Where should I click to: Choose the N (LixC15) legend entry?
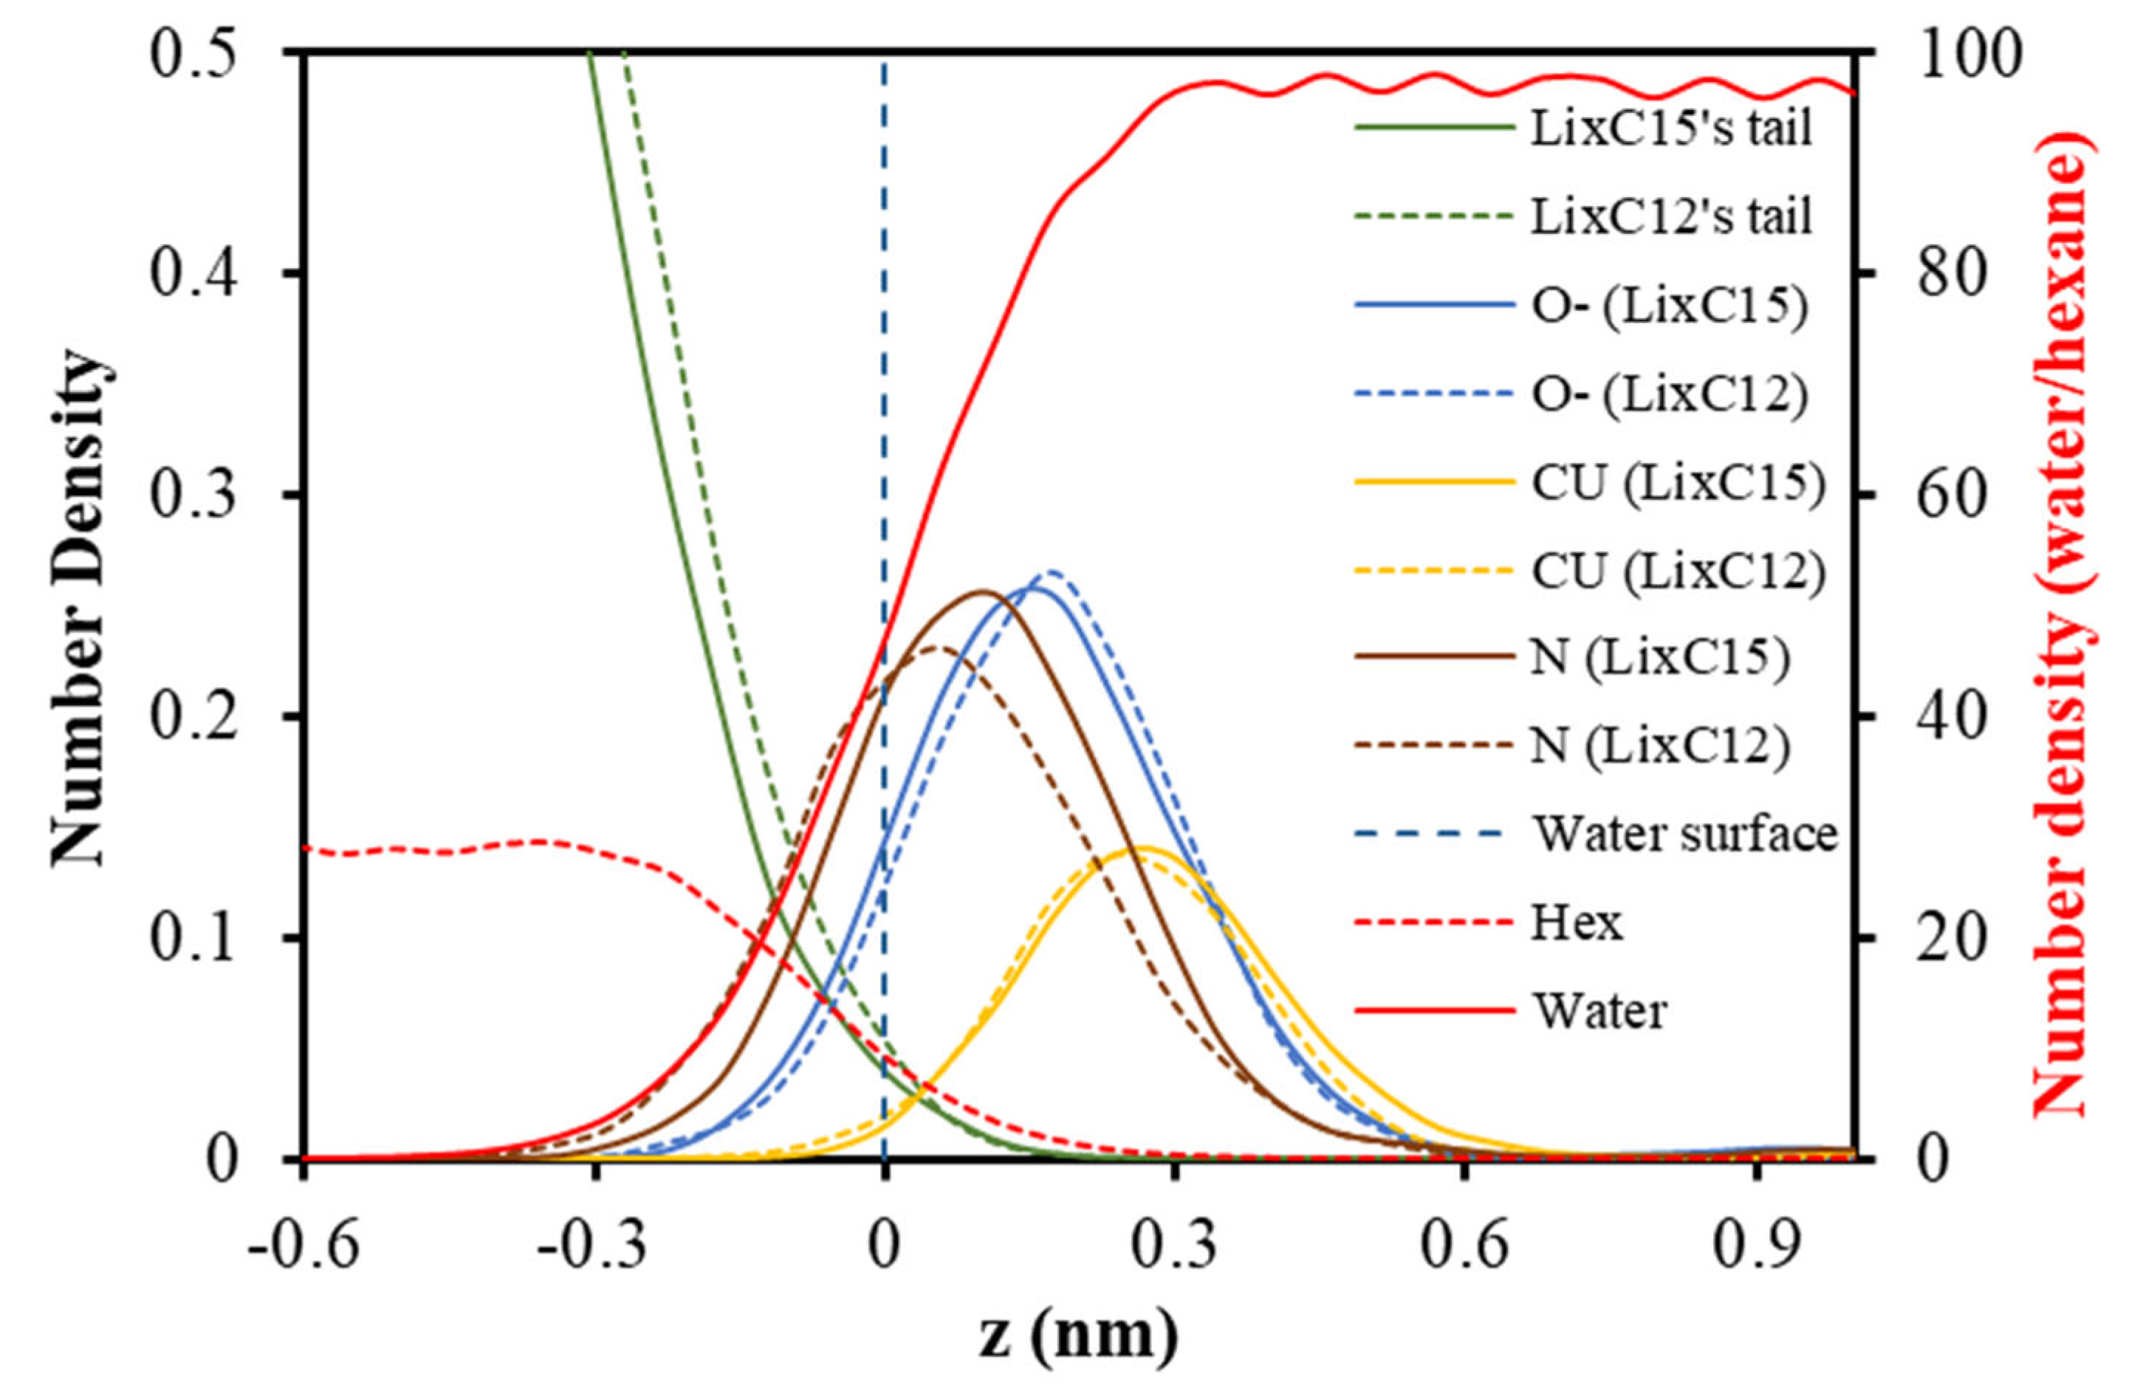click(x=1660, y=657)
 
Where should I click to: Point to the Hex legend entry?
click(x=1577, y=922)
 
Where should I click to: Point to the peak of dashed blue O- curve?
click(x=1054, y=572)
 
